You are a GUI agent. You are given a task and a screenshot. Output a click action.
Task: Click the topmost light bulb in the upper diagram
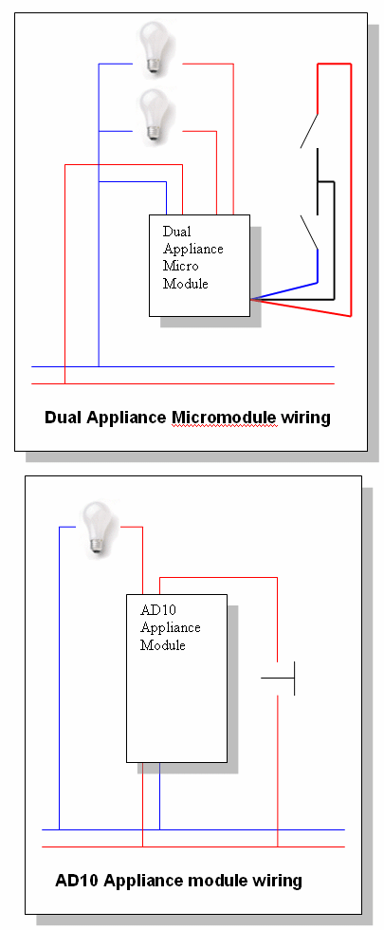point(154,48)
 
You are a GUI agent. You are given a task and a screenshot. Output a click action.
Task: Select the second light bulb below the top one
point(154,116)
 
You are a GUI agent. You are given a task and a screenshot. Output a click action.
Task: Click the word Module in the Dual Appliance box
point(186,284)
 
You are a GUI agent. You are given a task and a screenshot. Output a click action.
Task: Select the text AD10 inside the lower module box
point(154,609)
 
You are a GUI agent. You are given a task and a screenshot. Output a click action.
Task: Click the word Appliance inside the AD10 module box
point(170,627)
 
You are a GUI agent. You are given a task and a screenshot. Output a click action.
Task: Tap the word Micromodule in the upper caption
point(224,418)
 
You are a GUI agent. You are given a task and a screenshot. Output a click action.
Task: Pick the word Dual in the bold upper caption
point(64,418)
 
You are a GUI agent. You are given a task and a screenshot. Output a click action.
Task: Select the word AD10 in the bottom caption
point(77,881)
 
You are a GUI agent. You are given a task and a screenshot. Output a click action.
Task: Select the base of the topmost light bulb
point(154,68)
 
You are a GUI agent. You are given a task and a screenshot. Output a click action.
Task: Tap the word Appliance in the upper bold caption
point(127,418)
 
